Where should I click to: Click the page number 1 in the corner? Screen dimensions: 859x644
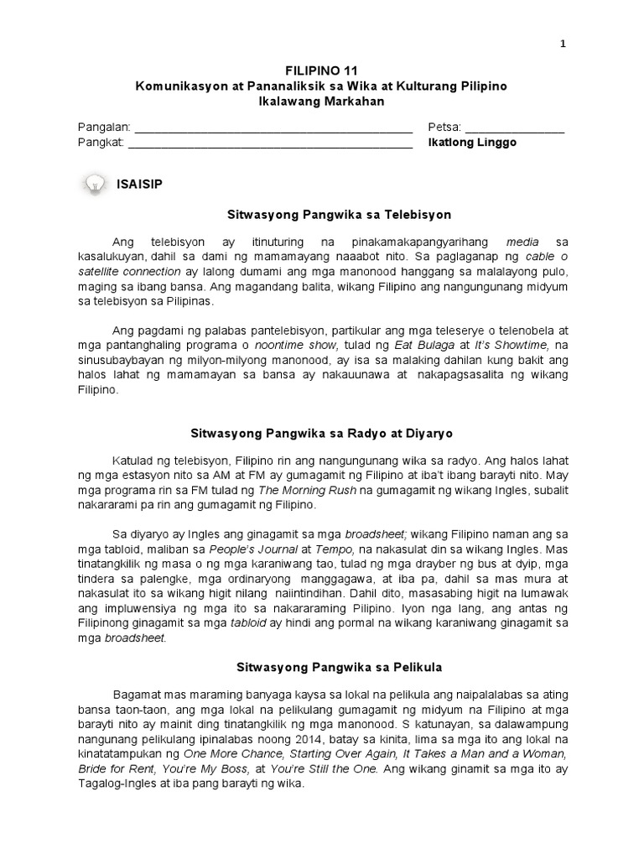click(x=563, y=45)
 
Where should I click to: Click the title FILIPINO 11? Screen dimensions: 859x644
click(x=322, y=71)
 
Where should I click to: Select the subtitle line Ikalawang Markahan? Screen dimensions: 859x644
click(x=322, y=102)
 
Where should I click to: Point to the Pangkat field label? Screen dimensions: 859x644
click(x=101, y=143)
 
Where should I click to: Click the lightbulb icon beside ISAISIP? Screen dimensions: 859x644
click(x=96, y=184)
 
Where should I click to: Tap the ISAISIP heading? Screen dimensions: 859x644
click(x=140, y=184)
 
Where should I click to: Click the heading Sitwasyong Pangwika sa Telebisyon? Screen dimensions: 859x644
click(x=322, y=215)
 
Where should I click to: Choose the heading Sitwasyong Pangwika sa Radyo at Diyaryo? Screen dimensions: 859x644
click(x=322, y=433)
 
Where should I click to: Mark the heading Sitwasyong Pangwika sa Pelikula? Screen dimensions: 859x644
click(x=322, y=668)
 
